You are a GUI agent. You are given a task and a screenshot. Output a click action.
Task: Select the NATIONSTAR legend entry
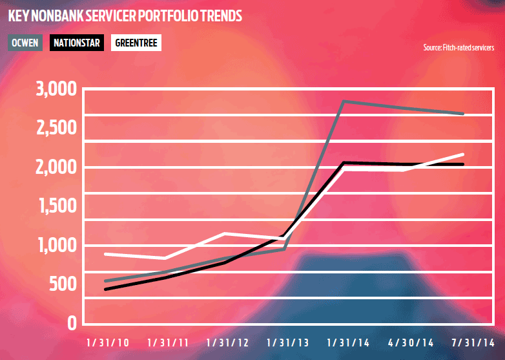coord(77,43)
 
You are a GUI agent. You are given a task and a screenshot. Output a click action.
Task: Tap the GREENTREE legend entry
coord(136,43)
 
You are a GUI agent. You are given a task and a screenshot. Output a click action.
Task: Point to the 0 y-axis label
coord(72,323)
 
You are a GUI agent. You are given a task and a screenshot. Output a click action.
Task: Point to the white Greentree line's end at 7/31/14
coord(463,154)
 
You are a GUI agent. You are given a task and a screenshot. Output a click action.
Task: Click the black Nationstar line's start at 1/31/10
coord(105,289)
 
